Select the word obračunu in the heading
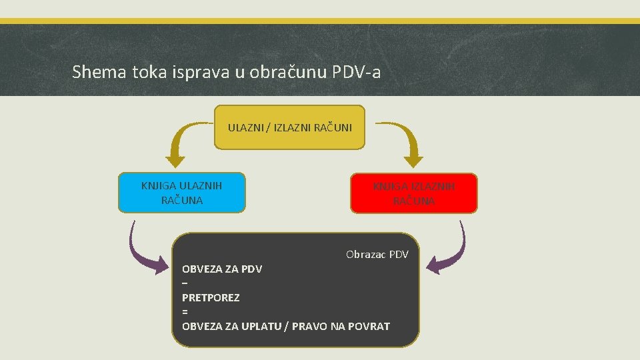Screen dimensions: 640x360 pos(287,72)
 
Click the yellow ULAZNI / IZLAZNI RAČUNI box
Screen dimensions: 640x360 pos(290,127)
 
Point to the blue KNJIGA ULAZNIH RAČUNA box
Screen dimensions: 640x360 pos(182,193)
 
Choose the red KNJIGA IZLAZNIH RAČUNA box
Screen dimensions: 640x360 pos(414,193)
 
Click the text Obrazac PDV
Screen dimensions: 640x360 pos(377,255)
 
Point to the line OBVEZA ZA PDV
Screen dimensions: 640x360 pos(222,269)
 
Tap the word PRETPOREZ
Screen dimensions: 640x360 pos(211,297)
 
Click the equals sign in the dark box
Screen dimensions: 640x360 pos(185,312)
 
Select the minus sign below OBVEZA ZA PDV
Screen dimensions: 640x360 pos(185,283)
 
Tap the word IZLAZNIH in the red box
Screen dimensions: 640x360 pos(433,187)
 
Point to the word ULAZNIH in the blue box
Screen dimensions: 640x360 pos(201,185)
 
